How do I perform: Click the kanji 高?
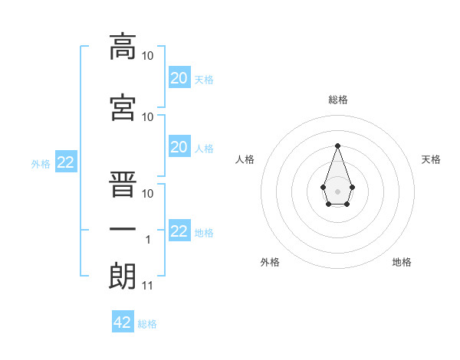pos(123,47)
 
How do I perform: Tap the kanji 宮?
pos(123,107)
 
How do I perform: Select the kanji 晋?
pos(123,184)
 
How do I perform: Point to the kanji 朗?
pos(123,276)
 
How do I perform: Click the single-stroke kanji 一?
pos(123,229)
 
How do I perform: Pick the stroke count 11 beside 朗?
pos(147,286)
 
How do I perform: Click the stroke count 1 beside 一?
pos(148,240)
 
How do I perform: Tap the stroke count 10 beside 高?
pos(147,56)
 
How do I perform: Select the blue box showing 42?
pos(123,321)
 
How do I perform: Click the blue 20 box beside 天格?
pos(179,77)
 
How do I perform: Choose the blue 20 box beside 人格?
pos(179,146)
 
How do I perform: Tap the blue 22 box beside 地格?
pos(179,230)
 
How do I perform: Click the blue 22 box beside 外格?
pos(66,162)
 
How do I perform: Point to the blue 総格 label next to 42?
pos(147,324)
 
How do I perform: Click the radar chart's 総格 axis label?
pos(338,100)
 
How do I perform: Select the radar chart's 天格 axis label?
pos(431,159)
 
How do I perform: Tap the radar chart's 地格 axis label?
pos(402,262)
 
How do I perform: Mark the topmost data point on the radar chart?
pos(337,146)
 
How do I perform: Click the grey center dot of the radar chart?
pos(337,191)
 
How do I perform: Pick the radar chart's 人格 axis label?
pos(245,159)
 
